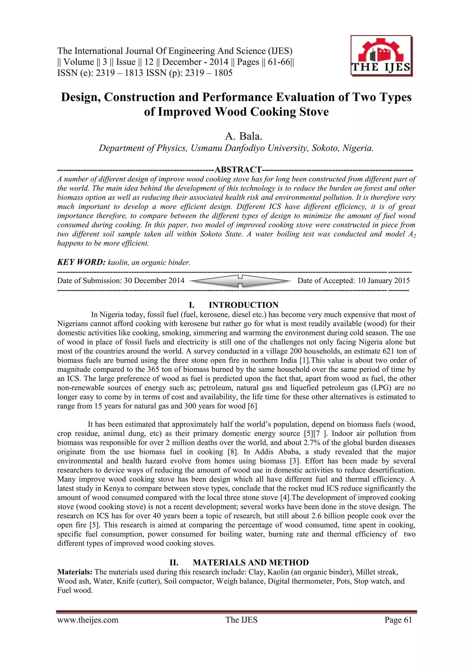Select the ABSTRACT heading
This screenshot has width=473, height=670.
[x=238, y=169]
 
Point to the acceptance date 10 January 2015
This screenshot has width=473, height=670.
[x=384, y=281]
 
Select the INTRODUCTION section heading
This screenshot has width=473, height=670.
[x=243, y=305]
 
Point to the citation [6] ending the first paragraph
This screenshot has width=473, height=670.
[x=252, y=406]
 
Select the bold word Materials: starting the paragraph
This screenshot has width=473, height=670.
[x=75, y=572]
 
